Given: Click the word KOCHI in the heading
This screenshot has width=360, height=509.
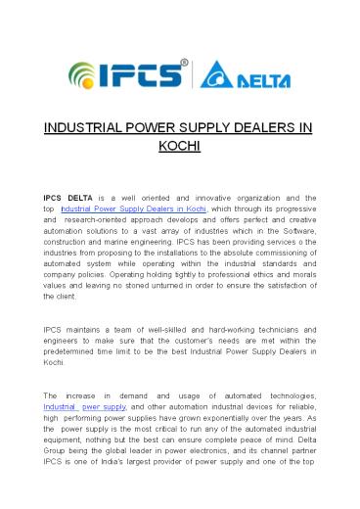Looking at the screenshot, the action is point(179,147).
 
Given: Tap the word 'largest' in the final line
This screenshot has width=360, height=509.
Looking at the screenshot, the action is point(160,488).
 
